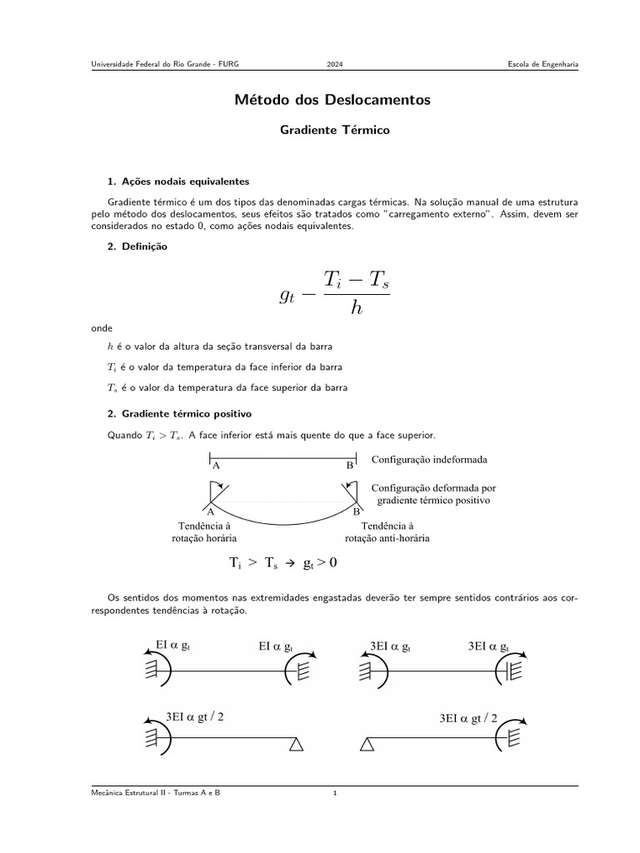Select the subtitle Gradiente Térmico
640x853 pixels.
pos(334,130)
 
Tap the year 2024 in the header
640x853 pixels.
pos(334,64)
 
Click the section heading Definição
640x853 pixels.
pos(143,246)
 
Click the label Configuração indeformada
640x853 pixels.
pos(429,460)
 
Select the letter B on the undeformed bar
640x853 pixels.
pos(350,466)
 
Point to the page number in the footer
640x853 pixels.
pos(334,793)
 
